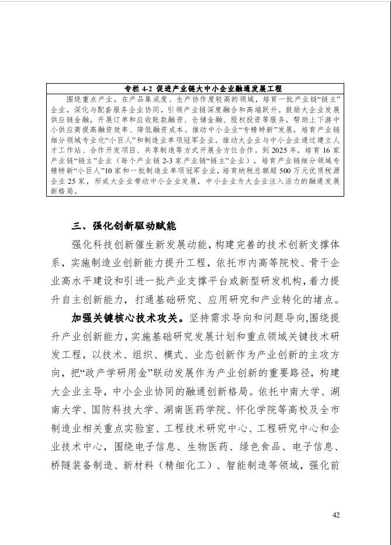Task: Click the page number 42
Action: (335, 515)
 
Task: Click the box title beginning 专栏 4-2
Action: (195, 88)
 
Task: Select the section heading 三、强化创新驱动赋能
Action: (122, 226)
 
